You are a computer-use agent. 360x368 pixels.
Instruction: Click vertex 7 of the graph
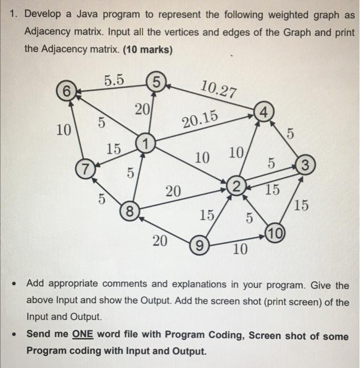coord(83,170)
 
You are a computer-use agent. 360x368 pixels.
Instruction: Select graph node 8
coord(129,212)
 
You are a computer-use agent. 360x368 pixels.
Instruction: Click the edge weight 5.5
coord(114,80)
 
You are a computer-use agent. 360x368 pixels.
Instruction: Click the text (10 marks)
coord(141,50)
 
